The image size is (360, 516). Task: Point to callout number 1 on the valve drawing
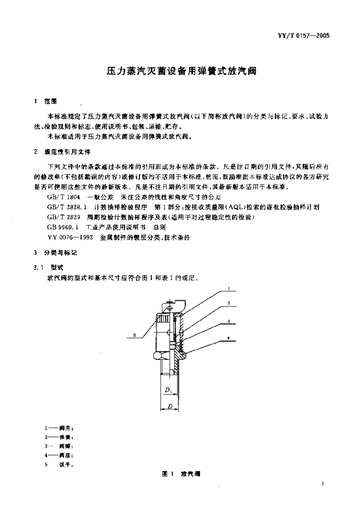pyautogui.click(x=229, y=289)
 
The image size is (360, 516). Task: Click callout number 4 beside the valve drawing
pyautogui.click(x=229, y=342)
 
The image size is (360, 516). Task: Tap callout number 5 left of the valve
pyautogui.click(x=135, y=335)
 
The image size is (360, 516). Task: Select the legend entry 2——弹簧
pyautogui.click(x=59, y=437)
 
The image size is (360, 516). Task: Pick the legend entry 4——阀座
pyautogui.click(x=59, y=455)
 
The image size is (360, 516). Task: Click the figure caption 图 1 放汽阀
pyautogui.click(x=179, y=474)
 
